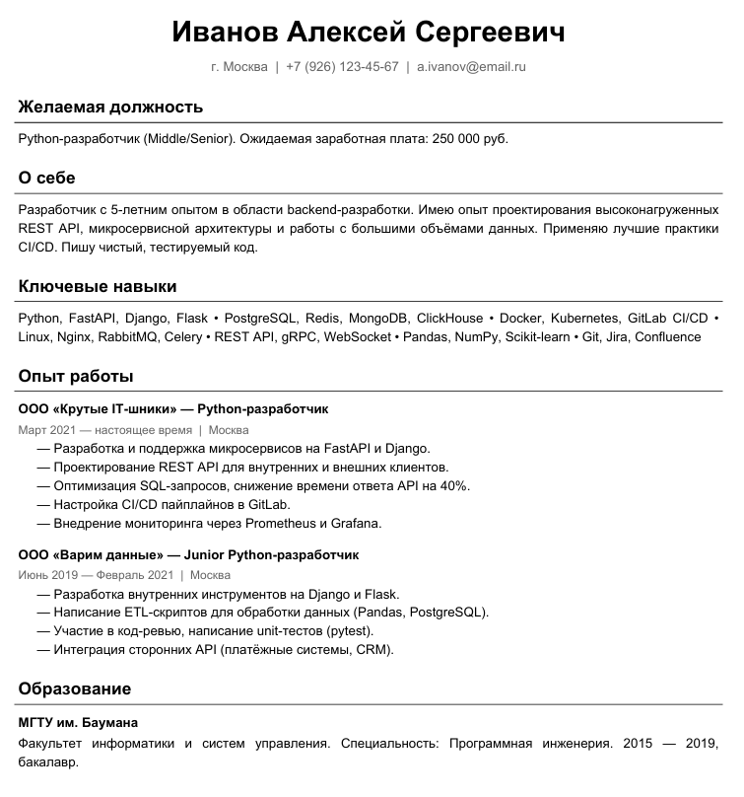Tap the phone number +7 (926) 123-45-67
(342, 67)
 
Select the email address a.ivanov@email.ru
(471, 67)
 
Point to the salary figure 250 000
(456, 139)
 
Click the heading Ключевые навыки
(98, 286)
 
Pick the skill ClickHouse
(449, 319)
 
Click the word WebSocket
(357, 337)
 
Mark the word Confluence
(667, 337)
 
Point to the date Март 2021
(45, 430)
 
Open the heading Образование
(75, 688)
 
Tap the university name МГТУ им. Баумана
(78, 722)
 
